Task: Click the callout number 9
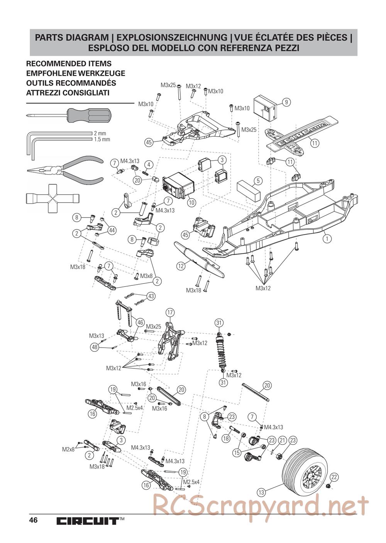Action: [x=286, y=102]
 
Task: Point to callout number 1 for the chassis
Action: [x=327, y=239]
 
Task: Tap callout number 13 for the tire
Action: [x=261, y=492]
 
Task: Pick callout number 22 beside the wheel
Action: [x=334, y=477]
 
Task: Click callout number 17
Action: [x=170, y=312]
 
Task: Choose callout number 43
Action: [x=151, y=296]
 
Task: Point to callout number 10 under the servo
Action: [x=191, y=202]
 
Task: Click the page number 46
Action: [x=33, y=520]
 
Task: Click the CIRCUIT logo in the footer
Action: [x=87, y=521]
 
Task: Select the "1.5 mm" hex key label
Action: [x=102, y=139]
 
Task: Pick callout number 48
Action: [x=95, y=347]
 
